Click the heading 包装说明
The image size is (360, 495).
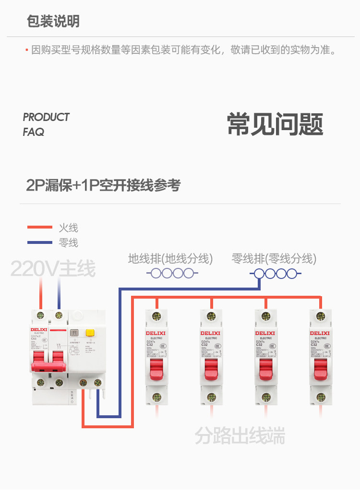53,22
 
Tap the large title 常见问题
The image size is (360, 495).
275,124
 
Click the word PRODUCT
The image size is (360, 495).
46,117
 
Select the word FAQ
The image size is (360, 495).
33,132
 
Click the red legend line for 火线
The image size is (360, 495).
40,228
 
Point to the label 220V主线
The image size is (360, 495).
53,269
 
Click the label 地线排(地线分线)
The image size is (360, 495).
170,259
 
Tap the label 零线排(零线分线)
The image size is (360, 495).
274,259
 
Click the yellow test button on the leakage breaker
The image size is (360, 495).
89,332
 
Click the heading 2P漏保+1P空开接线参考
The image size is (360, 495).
103,185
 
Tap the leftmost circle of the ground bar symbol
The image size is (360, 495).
156,274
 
